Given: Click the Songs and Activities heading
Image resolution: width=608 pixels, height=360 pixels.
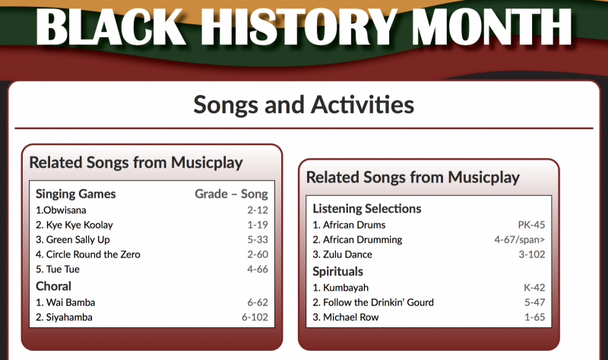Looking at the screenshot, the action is [x=303, y=105].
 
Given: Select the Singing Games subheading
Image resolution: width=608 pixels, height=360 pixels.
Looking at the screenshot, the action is [x=75, y=194].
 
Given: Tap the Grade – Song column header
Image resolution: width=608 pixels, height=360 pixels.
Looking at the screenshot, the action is [x=231, y=194].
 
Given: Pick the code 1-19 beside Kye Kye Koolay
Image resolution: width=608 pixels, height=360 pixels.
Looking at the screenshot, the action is [x=258, y=225].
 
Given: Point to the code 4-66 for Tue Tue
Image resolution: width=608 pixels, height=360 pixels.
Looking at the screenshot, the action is [x=258, y=269].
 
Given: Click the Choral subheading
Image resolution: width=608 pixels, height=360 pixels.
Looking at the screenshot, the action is [x=53, y=286].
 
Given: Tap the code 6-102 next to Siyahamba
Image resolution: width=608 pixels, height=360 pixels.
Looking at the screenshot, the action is [x=255, y=317].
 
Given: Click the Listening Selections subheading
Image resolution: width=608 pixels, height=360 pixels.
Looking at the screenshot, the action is [x=367, y=209].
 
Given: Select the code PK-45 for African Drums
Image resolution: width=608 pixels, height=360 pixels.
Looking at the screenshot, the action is [x=531, y=225].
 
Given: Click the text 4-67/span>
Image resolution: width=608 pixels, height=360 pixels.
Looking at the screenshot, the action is [x=519, y=240].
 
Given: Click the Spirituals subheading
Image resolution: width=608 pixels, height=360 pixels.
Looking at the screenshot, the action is [x=337, y=272].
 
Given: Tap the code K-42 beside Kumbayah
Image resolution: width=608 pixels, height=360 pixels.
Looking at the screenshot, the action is [x=534, y=288].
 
